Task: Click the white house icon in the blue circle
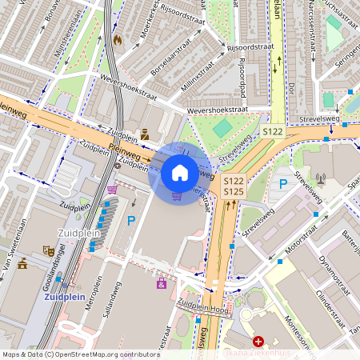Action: coord(180,172)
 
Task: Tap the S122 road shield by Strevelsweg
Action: coord(273,130)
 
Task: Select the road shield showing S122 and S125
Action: coord(233,186)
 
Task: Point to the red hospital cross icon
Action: coord(258,342)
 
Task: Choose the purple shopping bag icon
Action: coord(162,283)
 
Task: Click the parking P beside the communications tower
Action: coord(282,184)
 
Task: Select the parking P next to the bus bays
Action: coord(131,220)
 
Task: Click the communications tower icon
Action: coord(321,179)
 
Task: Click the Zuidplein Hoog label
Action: coord(202,306)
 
